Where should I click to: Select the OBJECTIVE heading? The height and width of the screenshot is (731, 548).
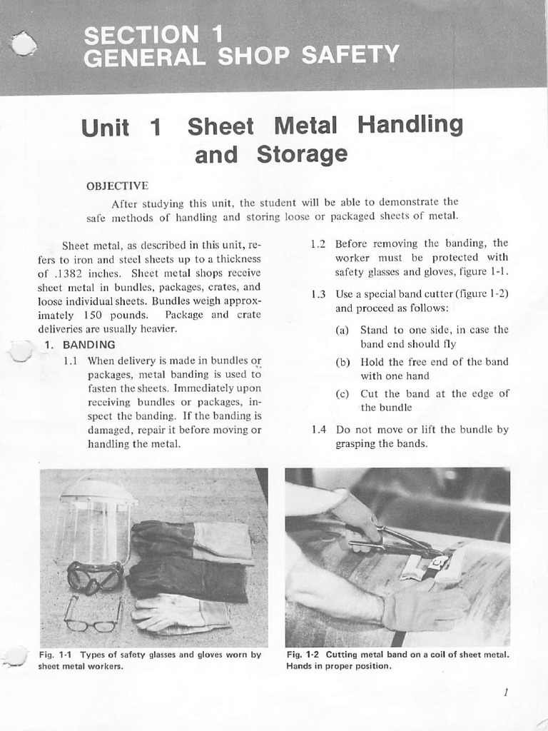coord(117,186)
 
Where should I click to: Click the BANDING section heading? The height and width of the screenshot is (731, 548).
coord(88,345)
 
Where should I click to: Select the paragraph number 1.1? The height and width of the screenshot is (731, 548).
coord(71,361)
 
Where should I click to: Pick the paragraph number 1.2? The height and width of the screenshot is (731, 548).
coord(318,243)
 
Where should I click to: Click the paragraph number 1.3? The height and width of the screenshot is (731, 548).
coord(318,293)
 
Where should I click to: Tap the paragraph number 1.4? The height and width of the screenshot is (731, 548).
coord(318,430)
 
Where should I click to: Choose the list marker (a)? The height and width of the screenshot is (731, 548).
coord(342,330)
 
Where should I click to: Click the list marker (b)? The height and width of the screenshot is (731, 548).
coord(342,362)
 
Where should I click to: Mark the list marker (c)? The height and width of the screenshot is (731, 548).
coord(342,394)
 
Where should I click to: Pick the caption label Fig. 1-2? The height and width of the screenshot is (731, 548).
coord(303,655)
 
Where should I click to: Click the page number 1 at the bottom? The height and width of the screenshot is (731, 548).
coord(504,692)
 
